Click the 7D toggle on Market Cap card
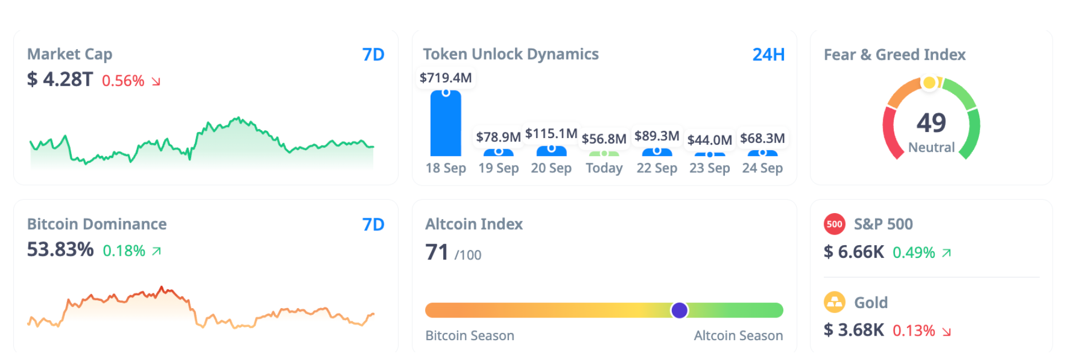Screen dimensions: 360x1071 pos(373,55)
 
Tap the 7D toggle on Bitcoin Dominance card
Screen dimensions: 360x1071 pos(373,225)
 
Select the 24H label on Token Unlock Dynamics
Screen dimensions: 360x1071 pos(768,55)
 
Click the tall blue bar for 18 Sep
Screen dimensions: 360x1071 pos(446,124)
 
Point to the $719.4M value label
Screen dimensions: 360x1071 pos(446,78)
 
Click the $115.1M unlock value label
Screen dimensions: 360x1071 pos(551,134)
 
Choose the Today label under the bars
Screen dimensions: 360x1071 pos(604,168)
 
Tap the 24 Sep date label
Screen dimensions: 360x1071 pos(762,168)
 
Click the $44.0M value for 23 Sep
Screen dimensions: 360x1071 pos(709,140)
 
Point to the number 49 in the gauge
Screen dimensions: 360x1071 pos(931,123)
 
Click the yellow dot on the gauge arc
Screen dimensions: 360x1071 pos(929,83)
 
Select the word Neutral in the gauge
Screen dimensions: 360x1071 pos(931,147)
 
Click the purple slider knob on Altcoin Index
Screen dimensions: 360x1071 pos(679,310)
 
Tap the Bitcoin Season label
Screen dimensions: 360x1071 pos(469,336)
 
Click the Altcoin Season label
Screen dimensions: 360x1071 pos(738,336)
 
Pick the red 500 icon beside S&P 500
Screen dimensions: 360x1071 pos(834,224)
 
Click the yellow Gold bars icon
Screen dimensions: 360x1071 pos(834,303)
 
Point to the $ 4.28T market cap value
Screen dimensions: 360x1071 pos(60,80)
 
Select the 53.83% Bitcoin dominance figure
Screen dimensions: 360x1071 pos(60,250)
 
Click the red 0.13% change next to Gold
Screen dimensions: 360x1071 pos(914,331)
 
